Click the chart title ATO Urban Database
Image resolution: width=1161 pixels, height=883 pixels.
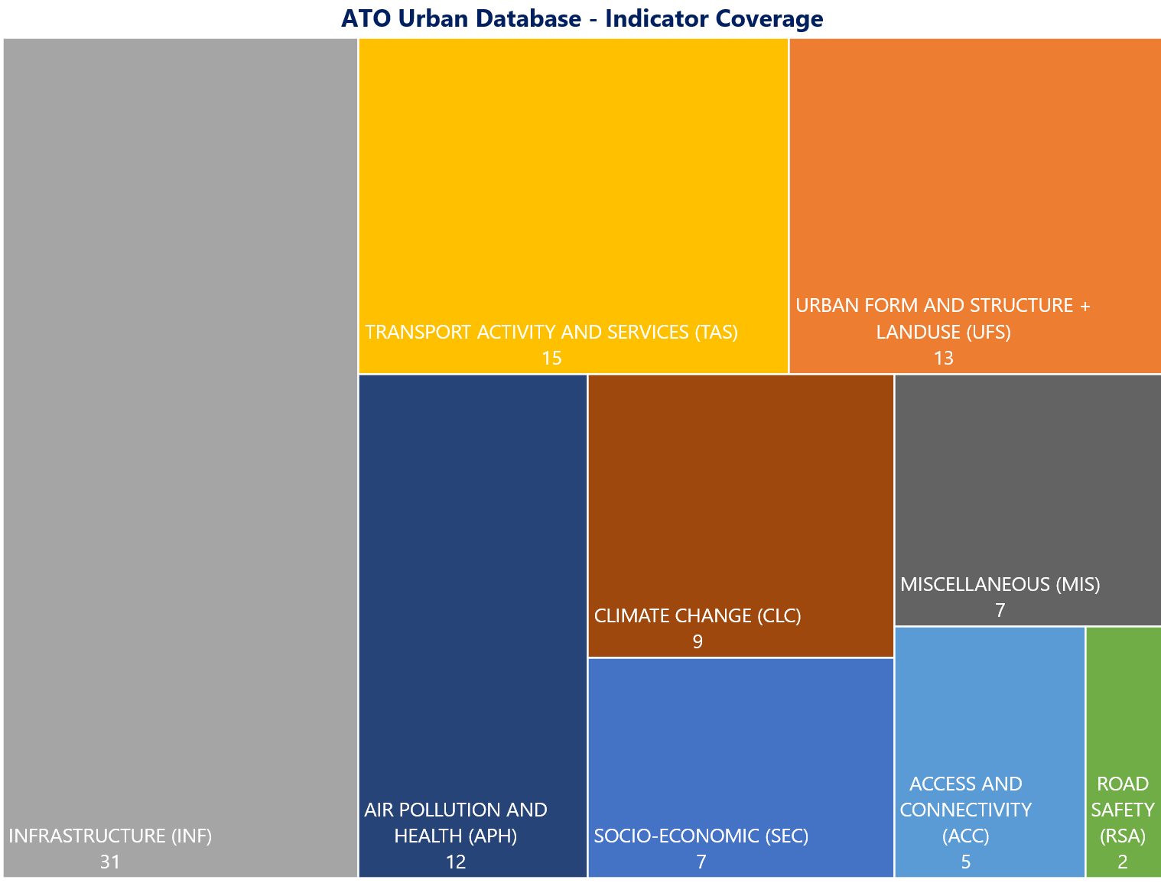(x=582, y=18)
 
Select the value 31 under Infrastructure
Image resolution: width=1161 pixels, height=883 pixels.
(x=110, y=862)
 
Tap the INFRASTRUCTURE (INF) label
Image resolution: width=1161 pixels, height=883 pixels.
(x=110, y=836)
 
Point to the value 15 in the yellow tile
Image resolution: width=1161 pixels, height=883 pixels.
(x=551, y=358)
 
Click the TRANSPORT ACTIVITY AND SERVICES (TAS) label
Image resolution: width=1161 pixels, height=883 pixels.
(x=551, y=332)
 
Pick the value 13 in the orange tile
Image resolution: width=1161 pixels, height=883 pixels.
(x=944, y=358)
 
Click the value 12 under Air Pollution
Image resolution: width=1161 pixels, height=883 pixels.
(x=456, y=862)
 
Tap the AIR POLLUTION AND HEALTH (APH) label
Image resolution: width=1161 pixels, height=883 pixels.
(x=456, y=823)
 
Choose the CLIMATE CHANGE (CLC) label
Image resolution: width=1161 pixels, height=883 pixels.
(x=698, y=615)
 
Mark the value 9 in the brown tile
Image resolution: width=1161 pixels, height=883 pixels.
(x=698, y=641)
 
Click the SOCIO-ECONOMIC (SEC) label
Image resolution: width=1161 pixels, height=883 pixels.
(x=701, y=836)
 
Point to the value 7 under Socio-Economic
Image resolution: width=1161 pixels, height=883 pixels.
(x=701, y=862)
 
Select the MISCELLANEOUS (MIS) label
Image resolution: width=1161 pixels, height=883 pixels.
(x=1000, y=584)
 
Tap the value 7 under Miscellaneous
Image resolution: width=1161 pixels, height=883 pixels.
(x=1000, y=610)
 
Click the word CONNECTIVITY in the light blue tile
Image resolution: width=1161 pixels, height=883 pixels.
(x=966, y=810)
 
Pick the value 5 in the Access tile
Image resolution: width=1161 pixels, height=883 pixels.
(x=966, y=862)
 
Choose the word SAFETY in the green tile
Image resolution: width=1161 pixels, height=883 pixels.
(x=1123, y=810)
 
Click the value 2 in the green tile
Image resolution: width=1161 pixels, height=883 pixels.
(x=1123, y=862)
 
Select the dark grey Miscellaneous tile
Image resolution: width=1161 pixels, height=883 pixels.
(x=1027, y=474)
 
